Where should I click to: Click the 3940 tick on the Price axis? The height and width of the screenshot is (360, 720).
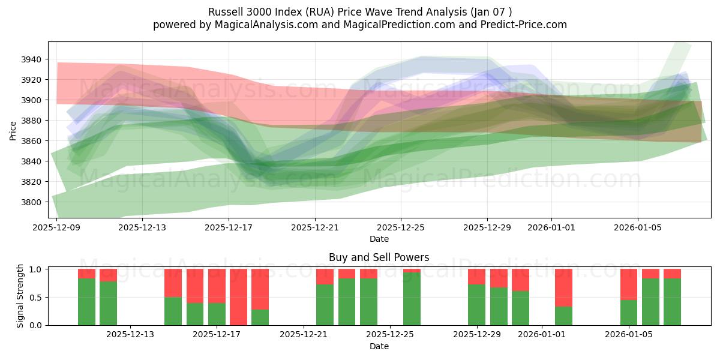click(x=32, y=59)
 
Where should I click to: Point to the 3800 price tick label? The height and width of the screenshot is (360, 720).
click(x=32, y=202)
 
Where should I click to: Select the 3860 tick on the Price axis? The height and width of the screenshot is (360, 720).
click(x=32, y=141)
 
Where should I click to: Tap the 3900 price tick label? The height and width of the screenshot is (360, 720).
click(x=32, y=100)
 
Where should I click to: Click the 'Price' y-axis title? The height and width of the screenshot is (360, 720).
click(x=13, y=130)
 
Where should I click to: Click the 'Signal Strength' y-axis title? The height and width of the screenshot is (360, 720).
click(x=20, y=296)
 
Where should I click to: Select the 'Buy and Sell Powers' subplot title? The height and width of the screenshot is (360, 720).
click(x=379, y=257)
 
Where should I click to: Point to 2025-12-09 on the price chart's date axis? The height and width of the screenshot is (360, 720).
click(x=56, y=227)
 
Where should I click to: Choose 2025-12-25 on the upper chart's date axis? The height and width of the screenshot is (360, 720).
click(x=401, y=227)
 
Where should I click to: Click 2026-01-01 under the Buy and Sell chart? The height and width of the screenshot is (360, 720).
click(x=542, y=335)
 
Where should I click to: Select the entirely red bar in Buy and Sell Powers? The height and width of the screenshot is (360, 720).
click(x=238, y=297)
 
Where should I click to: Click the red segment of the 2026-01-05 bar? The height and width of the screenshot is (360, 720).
click(x=629, y=284)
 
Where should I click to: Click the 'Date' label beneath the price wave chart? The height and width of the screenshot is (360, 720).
click(x=379, y=239)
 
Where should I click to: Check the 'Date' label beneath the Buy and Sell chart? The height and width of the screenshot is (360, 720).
click(x=379, y=346)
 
